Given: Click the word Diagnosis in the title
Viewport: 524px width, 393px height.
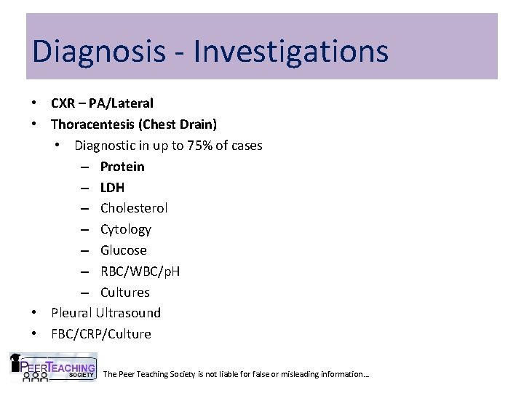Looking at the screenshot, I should coord(90,51).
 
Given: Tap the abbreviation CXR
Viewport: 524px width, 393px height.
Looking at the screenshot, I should coord(64,103).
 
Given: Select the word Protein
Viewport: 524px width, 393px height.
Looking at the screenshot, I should coord(122,167).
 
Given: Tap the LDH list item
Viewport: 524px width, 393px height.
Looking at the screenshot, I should coord(112,187).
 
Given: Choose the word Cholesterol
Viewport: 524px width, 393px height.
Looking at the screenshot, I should coord(134,208).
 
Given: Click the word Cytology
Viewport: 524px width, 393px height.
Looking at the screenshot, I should coord(126,229).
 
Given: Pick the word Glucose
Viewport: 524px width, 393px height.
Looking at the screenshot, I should coord(124,250).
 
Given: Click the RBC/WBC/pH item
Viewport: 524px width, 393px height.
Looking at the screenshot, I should coord(140,271).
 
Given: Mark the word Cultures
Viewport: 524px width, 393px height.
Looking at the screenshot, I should coord(125,293).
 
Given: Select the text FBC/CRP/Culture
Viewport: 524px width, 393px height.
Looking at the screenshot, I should coord(101,334).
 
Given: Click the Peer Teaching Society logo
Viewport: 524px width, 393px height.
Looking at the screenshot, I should coord(52,368).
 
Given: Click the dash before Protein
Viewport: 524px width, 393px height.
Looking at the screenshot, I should coord(85,167).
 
